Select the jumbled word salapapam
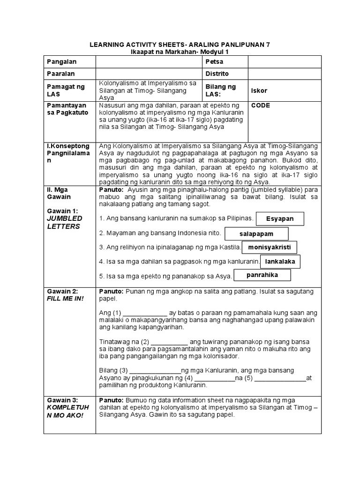tap(256, 233)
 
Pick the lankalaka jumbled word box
tap(281, 261)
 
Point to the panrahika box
tap(262, 275)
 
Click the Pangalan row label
tap(61, 62)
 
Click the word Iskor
tap(259, 90)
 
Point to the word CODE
tap(261, 106)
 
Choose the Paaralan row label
tap(61, 74)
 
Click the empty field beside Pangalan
tap(149, 62)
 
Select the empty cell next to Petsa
tap(284, 62)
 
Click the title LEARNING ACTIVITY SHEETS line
tap(180, 45)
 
